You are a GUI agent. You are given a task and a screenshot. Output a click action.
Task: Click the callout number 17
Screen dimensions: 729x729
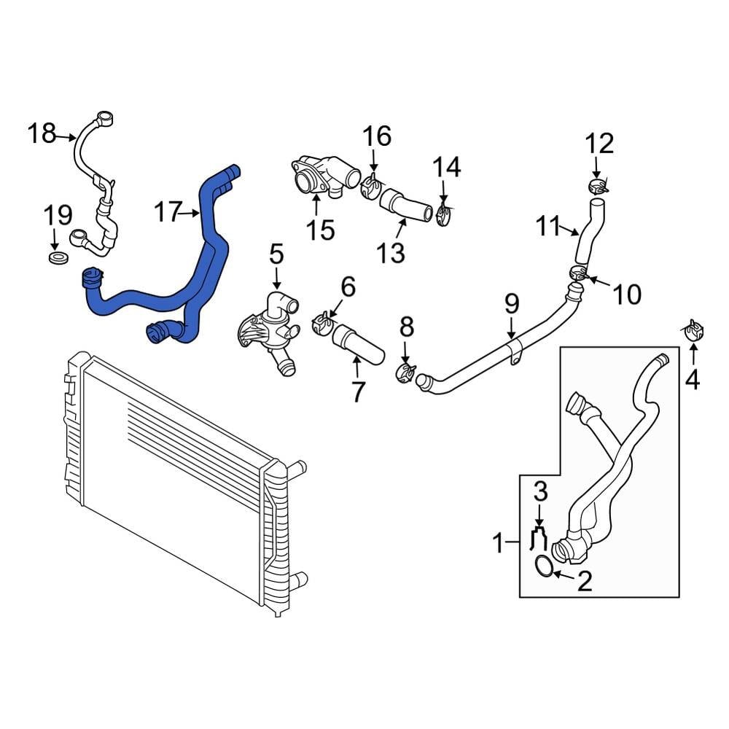tap(167, 213)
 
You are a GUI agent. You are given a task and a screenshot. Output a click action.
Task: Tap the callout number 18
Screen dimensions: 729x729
tap(42, 134)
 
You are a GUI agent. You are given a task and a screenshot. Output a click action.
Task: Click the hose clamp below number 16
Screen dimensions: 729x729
tap(371, 188)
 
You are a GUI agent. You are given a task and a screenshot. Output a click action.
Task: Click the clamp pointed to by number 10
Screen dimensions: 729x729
tap(579, 274)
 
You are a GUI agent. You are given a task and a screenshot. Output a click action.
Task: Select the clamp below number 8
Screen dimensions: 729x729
tap(405, 373)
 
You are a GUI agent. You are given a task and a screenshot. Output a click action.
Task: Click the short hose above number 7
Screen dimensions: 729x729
tap(357, 345)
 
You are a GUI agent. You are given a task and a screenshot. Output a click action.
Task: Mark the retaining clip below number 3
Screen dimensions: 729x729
tap(539, 538)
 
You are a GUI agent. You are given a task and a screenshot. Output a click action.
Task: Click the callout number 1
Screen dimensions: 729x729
tap(499, 542)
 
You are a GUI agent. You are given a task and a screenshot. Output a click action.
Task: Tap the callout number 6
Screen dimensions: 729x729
tap(348, 287)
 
